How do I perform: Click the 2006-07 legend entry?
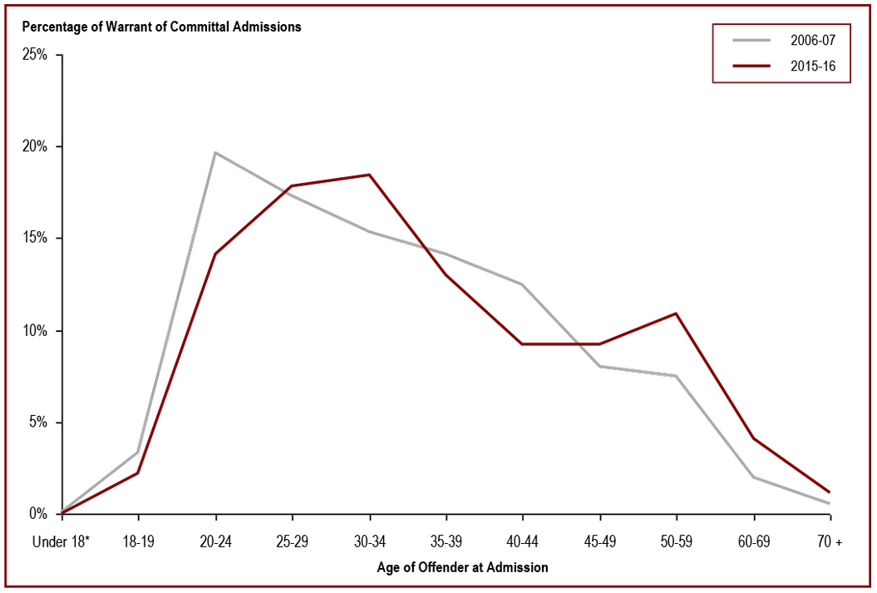pyautogui.click(x=781, y=39)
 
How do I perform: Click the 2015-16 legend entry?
pyautogui.click(x=781, y=67)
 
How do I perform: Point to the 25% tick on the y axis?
pyautogui.click(x=38, y=55)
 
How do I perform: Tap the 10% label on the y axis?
pyautogui.click(x=38, y=331)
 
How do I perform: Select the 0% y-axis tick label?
pyautogui.click(x=42, y=514)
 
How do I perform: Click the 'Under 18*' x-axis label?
pyautogui.click(x=61, y=542)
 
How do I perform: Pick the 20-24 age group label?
pyautogui.click(x=215, y=542)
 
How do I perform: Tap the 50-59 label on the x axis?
pyautogui.click(x=676, y=542)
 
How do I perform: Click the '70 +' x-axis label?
pyautogui.click(x=829, y=542)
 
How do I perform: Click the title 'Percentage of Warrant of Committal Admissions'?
pyautogui.click(x=161, y=27)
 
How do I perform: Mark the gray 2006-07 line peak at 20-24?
pyautogui.click(x=215, y=152)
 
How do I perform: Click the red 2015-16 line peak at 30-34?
pyautogui.click(x=369, y=175)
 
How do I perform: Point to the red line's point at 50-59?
pyautogui.click(x=676, y=314)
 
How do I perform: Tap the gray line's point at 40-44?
pyautogui.click(x=522, y=284)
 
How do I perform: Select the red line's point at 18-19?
pyautogui.click(x=138, y=472)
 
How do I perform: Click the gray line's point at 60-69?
pyautogui.click(x=752, y=477)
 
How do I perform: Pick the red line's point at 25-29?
pyautogui.click(x=292, y=186)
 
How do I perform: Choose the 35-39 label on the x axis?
pyautogui.click(x=446, y=542)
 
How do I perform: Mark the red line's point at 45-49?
pyautogui.click(x=599, y=343)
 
